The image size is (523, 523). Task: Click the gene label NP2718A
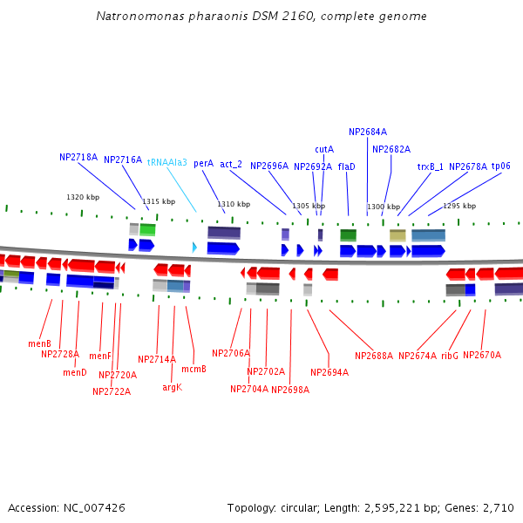coord(78,158)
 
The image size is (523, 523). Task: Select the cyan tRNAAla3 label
coord(166,162)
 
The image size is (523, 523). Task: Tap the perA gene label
coord(203,163)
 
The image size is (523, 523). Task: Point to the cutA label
coord(324,149)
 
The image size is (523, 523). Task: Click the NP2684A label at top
coord(368,132)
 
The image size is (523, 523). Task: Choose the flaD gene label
coord(347,166)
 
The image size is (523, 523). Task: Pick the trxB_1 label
coord(430,166)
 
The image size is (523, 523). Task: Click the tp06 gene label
coord(501,166)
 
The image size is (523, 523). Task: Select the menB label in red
coord(39,343)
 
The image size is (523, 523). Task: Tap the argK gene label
coord(172,387)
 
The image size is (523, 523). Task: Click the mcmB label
coord(194,369)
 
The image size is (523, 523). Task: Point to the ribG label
coord(450,356)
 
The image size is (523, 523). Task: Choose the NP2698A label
coord(289,390)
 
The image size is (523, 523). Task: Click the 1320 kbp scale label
coord(83,197)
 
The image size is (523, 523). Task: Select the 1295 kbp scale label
coord(459,206)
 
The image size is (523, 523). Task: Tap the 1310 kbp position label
coord(234,204)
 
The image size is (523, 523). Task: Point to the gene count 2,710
coord(499,507)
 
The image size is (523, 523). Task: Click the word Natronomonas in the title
coord(139,16)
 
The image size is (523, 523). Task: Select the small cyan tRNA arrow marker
coord(194,248)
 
